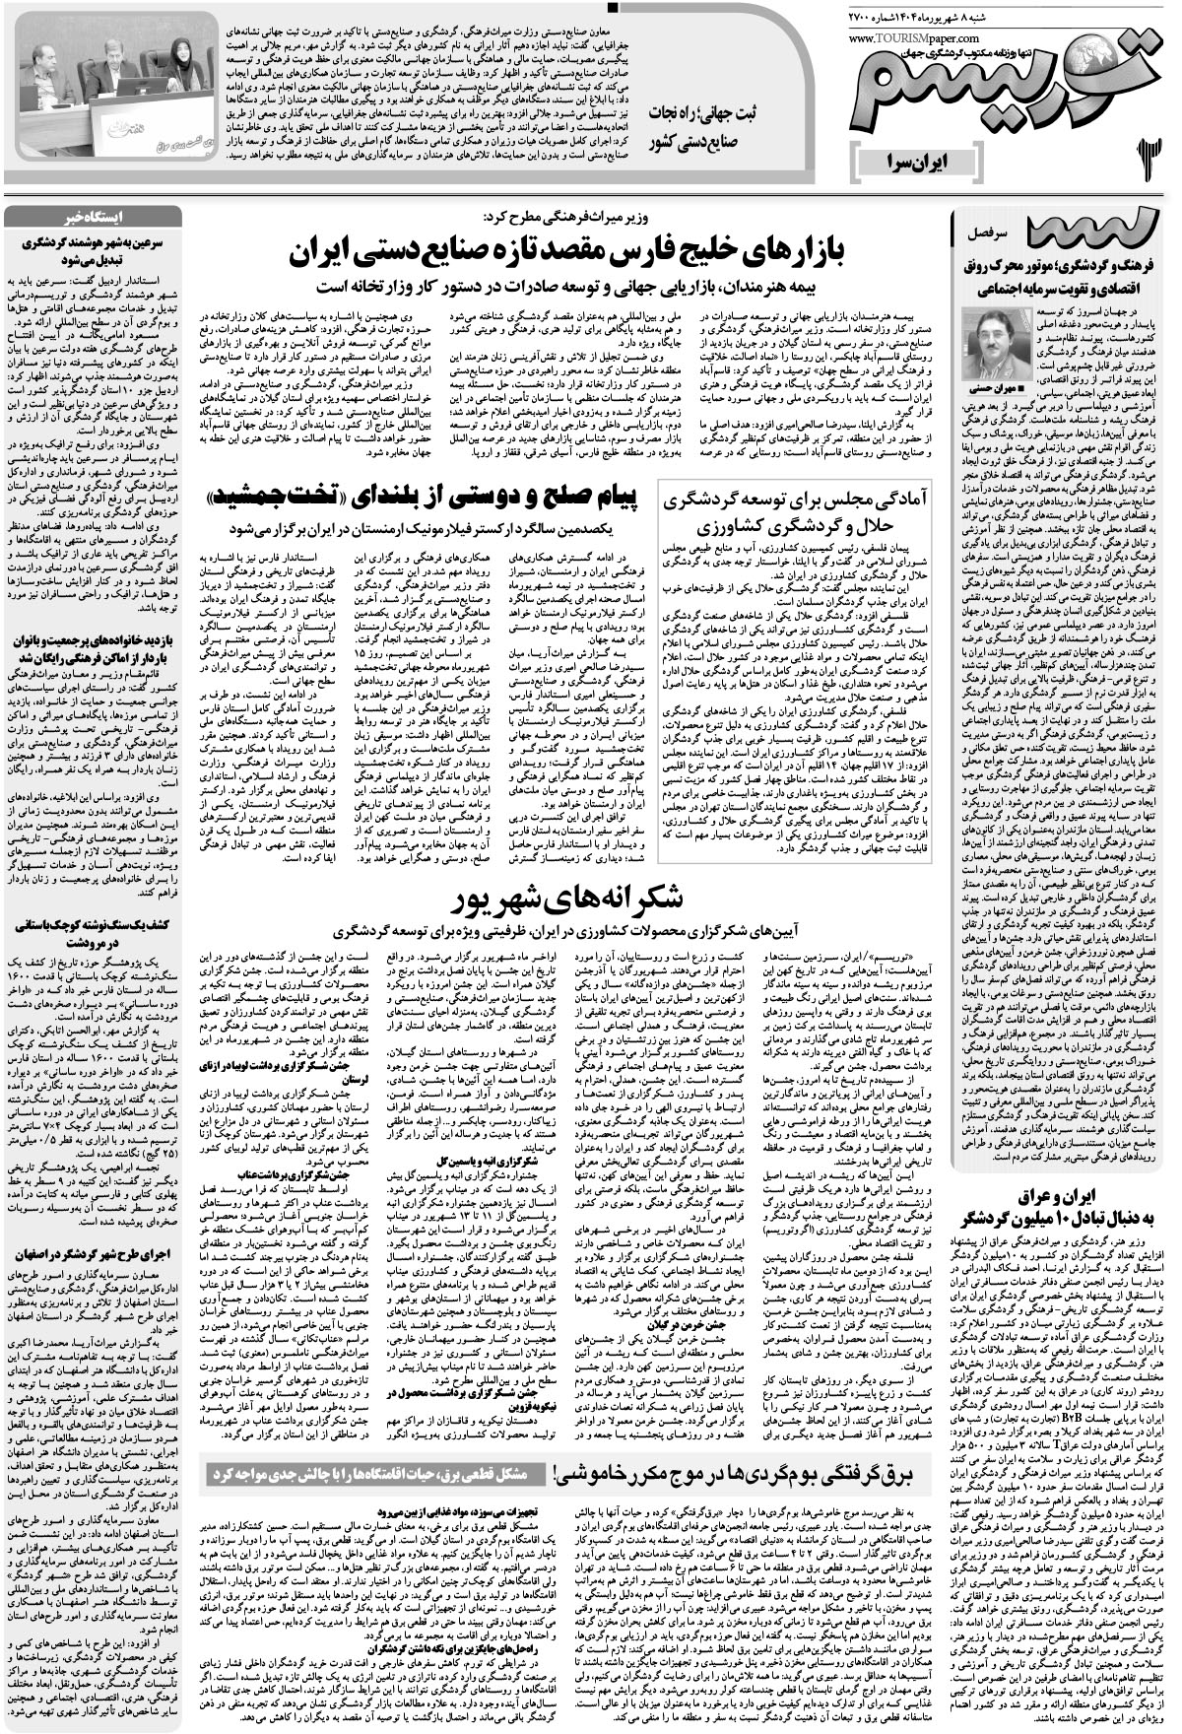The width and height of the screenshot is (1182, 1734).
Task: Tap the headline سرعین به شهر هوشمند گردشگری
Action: [94, 248]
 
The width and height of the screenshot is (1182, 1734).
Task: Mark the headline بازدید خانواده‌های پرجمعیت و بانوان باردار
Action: [94, 650]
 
